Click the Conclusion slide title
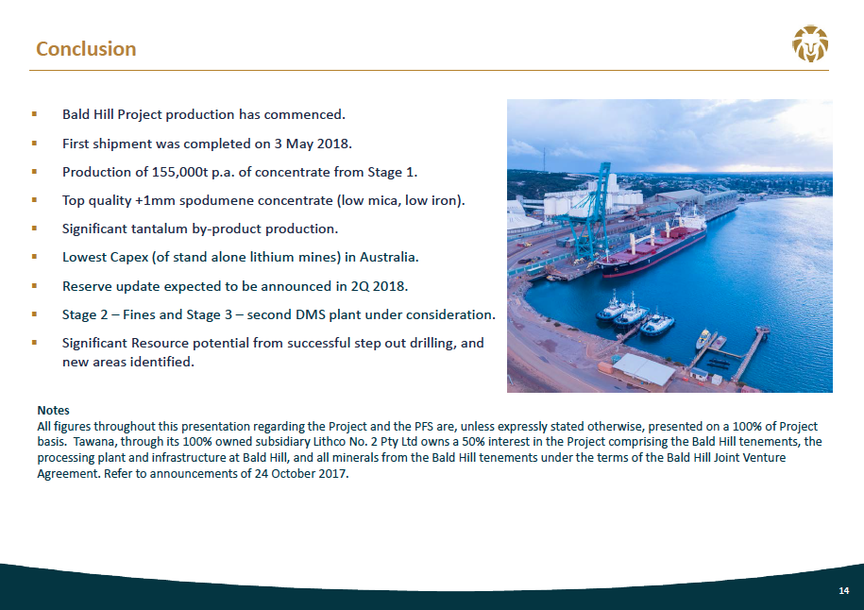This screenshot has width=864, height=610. [86, 49]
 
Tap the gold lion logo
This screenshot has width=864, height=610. [810, 43]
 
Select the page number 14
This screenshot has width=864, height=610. [843, 591]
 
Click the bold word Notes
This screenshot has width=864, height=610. [53, 411]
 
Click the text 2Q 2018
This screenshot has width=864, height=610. [379, 286]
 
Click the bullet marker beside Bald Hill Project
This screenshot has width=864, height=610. [34, 114]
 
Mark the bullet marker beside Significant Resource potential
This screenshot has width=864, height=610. [34, 343]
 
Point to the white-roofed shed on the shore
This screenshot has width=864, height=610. [644, 368]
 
